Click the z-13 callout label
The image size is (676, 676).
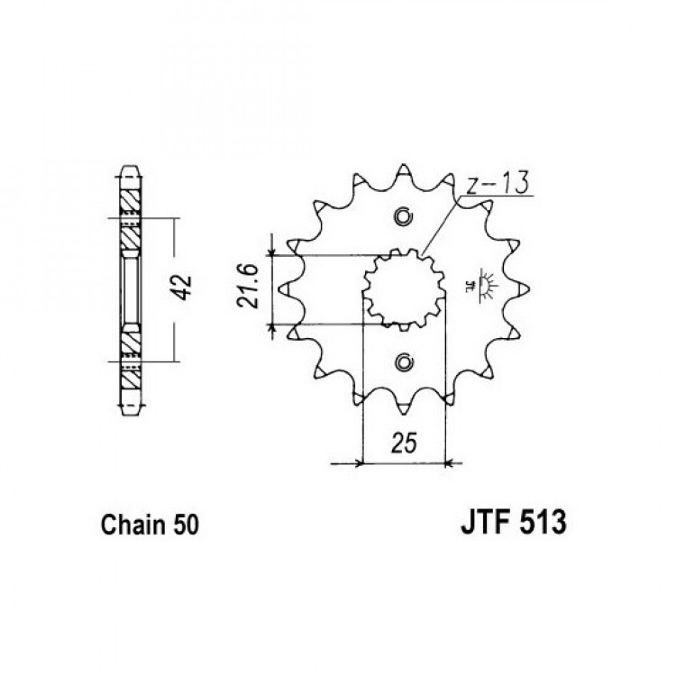(498, 184)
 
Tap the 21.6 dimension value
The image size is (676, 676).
(248, 286)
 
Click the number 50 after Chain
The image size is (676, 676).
(186, 525)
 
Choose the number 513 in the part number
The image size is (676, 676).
(544, 522)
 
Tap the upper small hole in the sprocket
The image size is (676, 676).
(404, 216)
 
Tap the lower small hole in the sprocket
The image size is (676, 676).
(404, 363)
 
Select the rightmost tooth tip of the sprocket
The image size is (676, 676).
(528, 288)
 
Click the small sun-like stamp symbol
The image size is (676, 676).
(483, 286)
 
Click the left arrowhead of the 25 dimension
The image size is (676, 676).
(358, 464)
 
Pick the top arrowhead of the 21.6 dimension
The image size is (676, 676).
(271, 250)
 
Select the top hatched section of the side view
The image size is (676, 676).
(130, 201)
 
